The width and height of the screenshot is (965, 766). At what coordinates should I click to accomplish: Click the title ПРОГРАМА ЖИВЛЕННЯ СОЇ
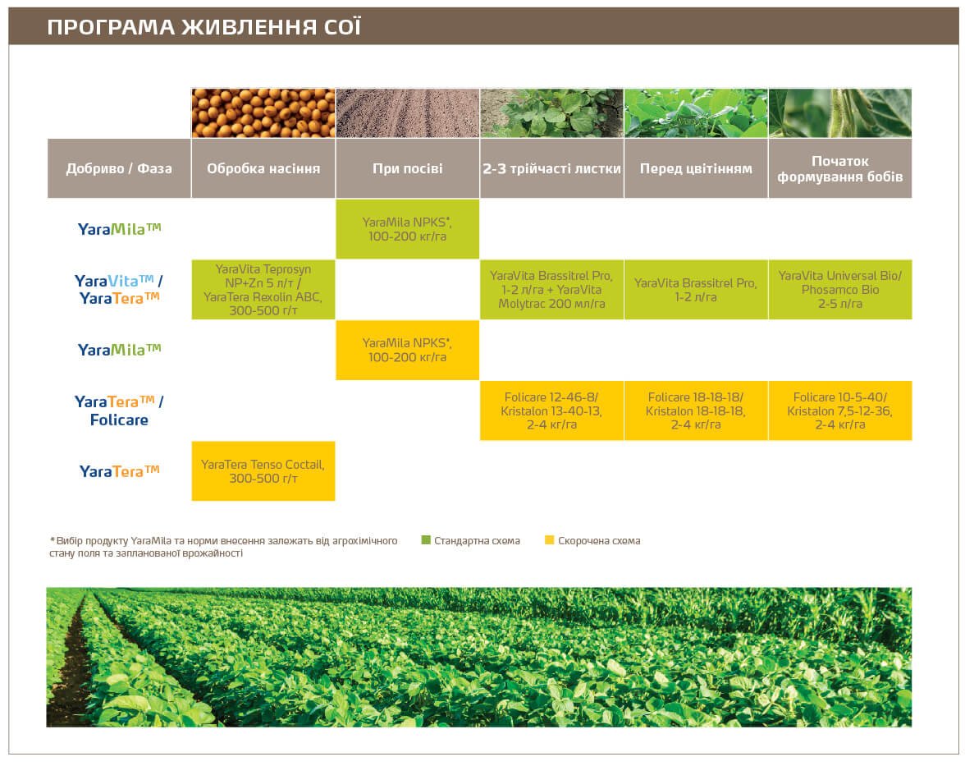pos(204,27)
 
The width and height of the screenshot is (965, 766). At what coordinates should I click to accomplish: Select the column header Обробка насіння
pos(263,169)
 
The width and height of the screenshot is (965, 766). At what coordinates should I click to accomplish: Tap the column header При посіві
pos(407,169)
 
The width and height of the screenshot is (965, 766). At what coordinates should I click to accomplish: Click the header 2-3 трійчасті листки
pos(551,169)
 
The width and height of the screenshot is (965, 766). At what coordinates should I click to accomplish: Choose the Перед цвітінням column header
pos(696,169)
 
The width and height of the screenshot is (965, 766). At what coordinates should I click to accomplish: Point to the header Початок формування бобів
pos(839,169)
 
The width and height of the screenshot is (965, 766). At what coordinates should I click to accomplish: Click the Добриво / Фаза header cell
pos(119,169)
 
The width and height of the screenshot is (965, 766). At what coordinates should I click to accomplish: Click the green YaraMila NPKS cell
pos(407,229)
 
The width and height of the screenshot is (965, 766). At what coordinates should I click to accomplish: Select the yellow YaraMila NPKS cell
pos(407,350)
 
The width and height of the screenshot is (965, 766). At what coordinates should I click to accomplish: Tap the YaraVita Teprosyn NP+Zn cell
pos(263,290)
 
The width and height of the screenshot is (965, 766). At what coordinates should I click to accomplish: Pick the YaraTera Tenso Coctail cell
pos(263,471)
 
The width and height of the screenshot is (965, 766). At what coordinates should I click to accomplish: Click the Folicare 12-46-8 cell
pos(551,411)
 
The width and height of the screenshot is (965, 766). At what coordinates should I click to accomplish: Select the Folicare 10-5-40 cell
pos(839,411)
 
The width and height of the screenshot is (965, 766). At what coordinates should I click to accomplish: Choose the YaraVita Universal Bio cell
pos(839,290)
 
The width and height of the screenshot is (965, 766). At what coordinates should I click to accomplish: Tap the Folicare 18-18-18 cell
pos(696,411)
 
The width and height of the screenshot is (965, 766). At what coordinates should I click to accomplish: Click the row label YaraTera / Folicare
pos(119,411)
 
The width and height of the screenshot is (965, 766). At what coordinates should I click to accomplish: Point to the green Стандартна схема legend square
pos(426,540)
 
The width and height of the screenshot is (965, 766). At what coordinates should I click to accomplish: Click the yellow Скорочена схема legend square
pos(549,540)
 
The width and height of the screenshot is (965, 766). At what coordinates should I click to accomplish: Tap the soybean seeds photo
pos(263,112)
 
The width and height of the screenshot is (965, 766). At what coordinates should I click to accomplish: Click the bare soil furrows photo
pos(407,112)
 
